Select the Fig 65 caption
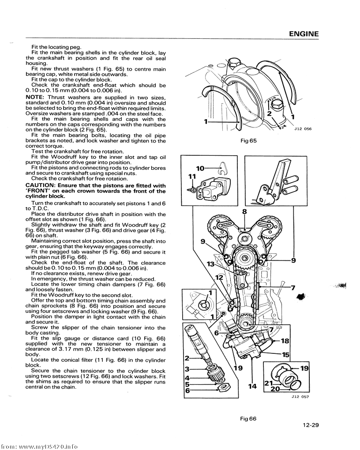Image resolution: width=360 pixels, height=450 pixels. [x=248, y=141]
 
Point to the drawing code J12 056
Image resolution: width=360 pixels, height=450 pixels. [x=303, y=129]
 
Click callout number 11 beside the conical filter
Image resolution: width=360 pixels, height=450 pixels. [x=191, y=176]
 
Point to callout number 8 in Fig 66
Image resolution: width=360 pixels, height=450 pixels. [x=244, y=212]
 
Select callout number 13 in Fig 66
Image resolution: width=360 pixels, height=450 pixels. [x=211, y=264]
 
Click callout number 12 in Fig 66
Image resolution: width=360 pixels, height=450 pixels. [x=219, y=277]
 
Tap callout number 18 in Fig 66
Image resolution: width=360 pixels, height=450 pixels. [x=285, y=341]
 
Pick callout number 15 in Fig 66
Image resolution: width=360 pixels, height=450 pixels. [x=285, y=354]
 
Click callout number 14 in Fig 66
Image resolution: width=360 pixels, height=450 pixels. [x=252, y=386]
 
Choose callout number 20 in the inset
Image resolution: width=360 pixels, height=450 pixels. [x=275, y=390]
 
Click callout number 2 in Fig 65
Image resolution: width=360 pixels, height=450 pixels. [x=269, y=113]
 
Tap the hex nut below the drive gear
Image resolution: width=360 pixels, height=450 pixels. [x=223, y=387]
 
